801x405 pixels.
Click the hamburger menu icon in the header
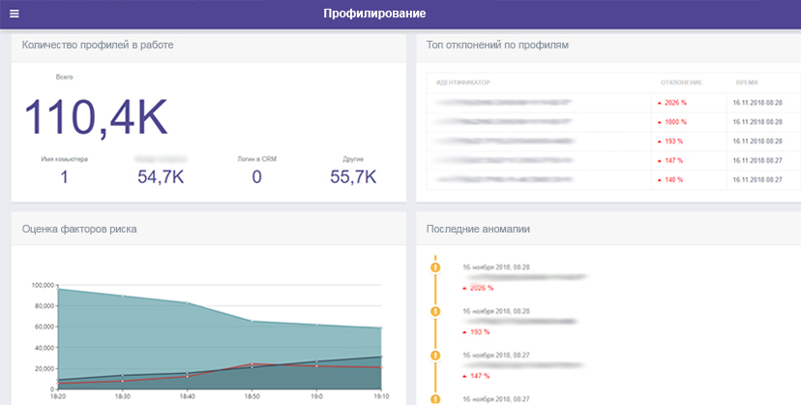pos(14,14)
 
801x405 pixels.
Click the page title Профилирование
pos(374,14)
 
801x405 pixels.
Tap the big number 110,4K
pos(96,116)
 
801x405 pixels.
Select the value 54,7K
pos(162,176)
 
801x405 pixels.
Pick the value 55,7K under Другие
pos(352,176)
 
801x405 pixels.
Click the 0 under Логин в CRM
pos(256,176)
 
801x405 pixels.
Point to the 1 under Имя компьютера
pos(65,176)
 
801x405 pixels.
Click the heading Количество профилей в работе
pos(98,45)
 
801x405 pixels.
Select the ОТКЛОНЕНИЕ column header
pos(681,82)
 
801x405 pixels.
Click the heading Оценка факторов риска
pos(79,230)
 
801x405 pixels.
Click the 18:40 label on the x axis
pos(186,397)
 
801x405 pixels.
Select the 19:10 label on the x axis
pos(382,397)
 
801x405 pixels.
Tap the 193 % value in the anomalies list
pos(481,331)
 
